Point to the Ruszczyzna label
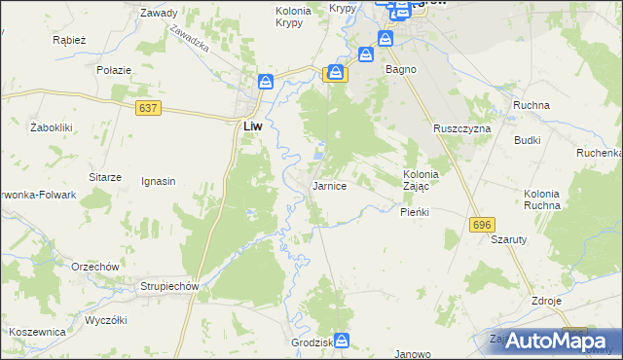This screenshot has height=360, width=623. pos(462,128)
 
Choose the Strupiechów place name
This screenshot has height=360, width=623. pos(169,287)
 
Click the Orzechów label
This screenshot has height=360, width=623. pos(94,267)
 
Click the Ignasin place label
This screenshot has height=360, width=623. pos(158,181)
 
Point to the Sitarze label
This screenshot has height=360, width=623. pos(105,177)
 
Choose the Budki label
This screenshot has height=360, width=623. pos(528,140)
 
